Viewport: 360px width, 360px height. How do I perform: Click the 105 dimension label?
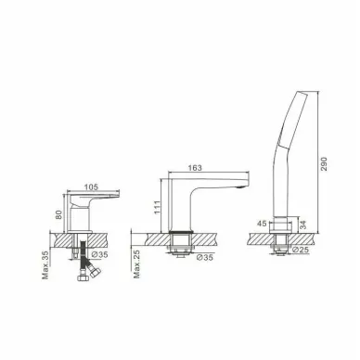click(91, 187)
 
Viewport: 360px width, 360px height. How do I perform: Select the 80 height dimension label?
click(59, 214)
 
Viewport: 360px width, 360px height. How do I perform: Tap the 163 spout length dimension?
click(195, 168)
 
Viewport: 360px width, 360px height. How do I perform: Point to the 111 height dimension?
click(157, 207)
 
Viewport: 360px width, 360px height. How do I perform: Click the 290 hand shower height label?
click(323, 164)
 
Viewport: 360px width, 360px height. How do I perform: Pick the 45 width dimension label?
click(262, 224)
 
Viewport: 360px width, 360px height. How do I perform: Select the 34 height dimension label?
click(303, 225)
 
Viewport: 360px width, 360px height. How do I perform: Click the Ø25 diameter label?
click(300, 250)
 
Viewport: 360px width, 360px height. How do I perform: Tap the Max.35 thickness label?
click(45, 264)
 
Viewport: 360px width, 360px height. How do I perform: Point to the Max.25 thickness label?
click(137, 264)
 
